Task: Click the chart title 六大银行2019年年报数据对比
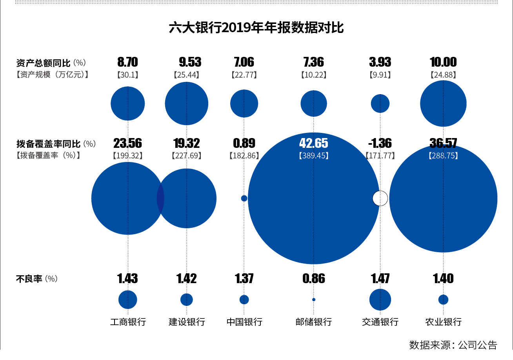(256, 28)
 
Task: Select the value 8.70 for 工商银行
(127, 62)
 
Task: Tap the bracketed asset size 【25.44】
(186, 75)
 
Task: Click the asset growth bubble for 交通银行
(380, 104)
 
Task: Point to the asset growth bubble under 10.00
(443, 104)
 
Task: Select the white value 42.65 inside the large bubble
(313, 143)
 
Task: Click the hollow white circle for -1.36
(380, 198)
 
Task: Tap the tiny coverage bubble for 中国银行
(244, 198)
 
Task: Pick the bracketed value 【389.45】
(313, 156)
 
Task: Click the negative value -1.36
(380, 143)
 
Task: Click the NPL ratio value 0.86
(313, 278)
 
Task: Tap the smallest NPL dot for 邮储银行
(313, 300)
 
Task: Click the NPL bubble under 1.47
(380, 300)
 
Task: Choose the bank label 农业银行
(443, 322)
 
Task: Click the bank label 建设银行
(187, 322)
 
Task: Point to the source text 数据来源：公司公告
(453, 345)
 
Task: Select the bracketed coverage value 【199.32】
(127, 156)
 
